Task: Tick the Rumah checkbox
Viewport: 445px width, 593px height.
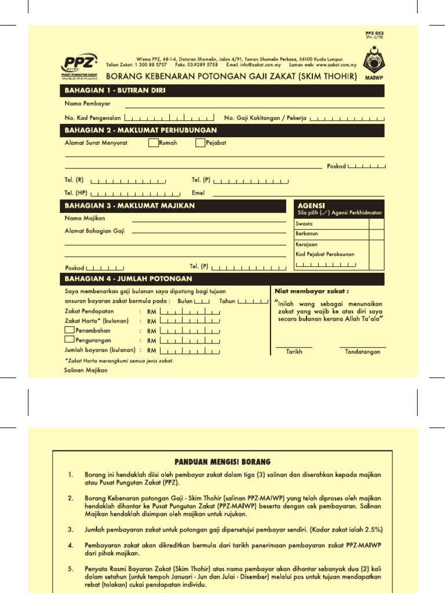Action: (x=153, y=142)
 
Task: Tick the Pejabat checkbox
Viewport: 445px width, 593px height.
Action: (x=200, y=142)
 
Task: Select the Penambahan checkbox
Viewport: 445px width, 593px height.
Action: (x=69, y=330)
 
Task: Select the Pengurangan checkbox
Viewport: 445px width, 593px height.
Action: (x=69, y=340)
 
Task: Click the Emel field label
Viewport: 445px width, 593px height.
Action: (x=198, y=192)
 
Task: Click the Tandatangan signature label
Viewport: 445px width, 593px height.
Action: (x=362, y=352)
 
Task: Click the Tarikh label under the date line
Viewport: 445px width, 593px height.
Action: (x=294, y=352)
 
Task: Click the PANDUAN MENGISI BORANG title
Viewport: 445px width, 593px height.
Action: (x=222, y=462)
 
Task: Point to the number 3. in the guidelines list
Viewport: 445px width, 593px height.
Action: (x=71, y=529)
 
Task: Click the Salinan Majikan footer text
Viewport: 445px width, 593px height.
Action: (x=86, y=371)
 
